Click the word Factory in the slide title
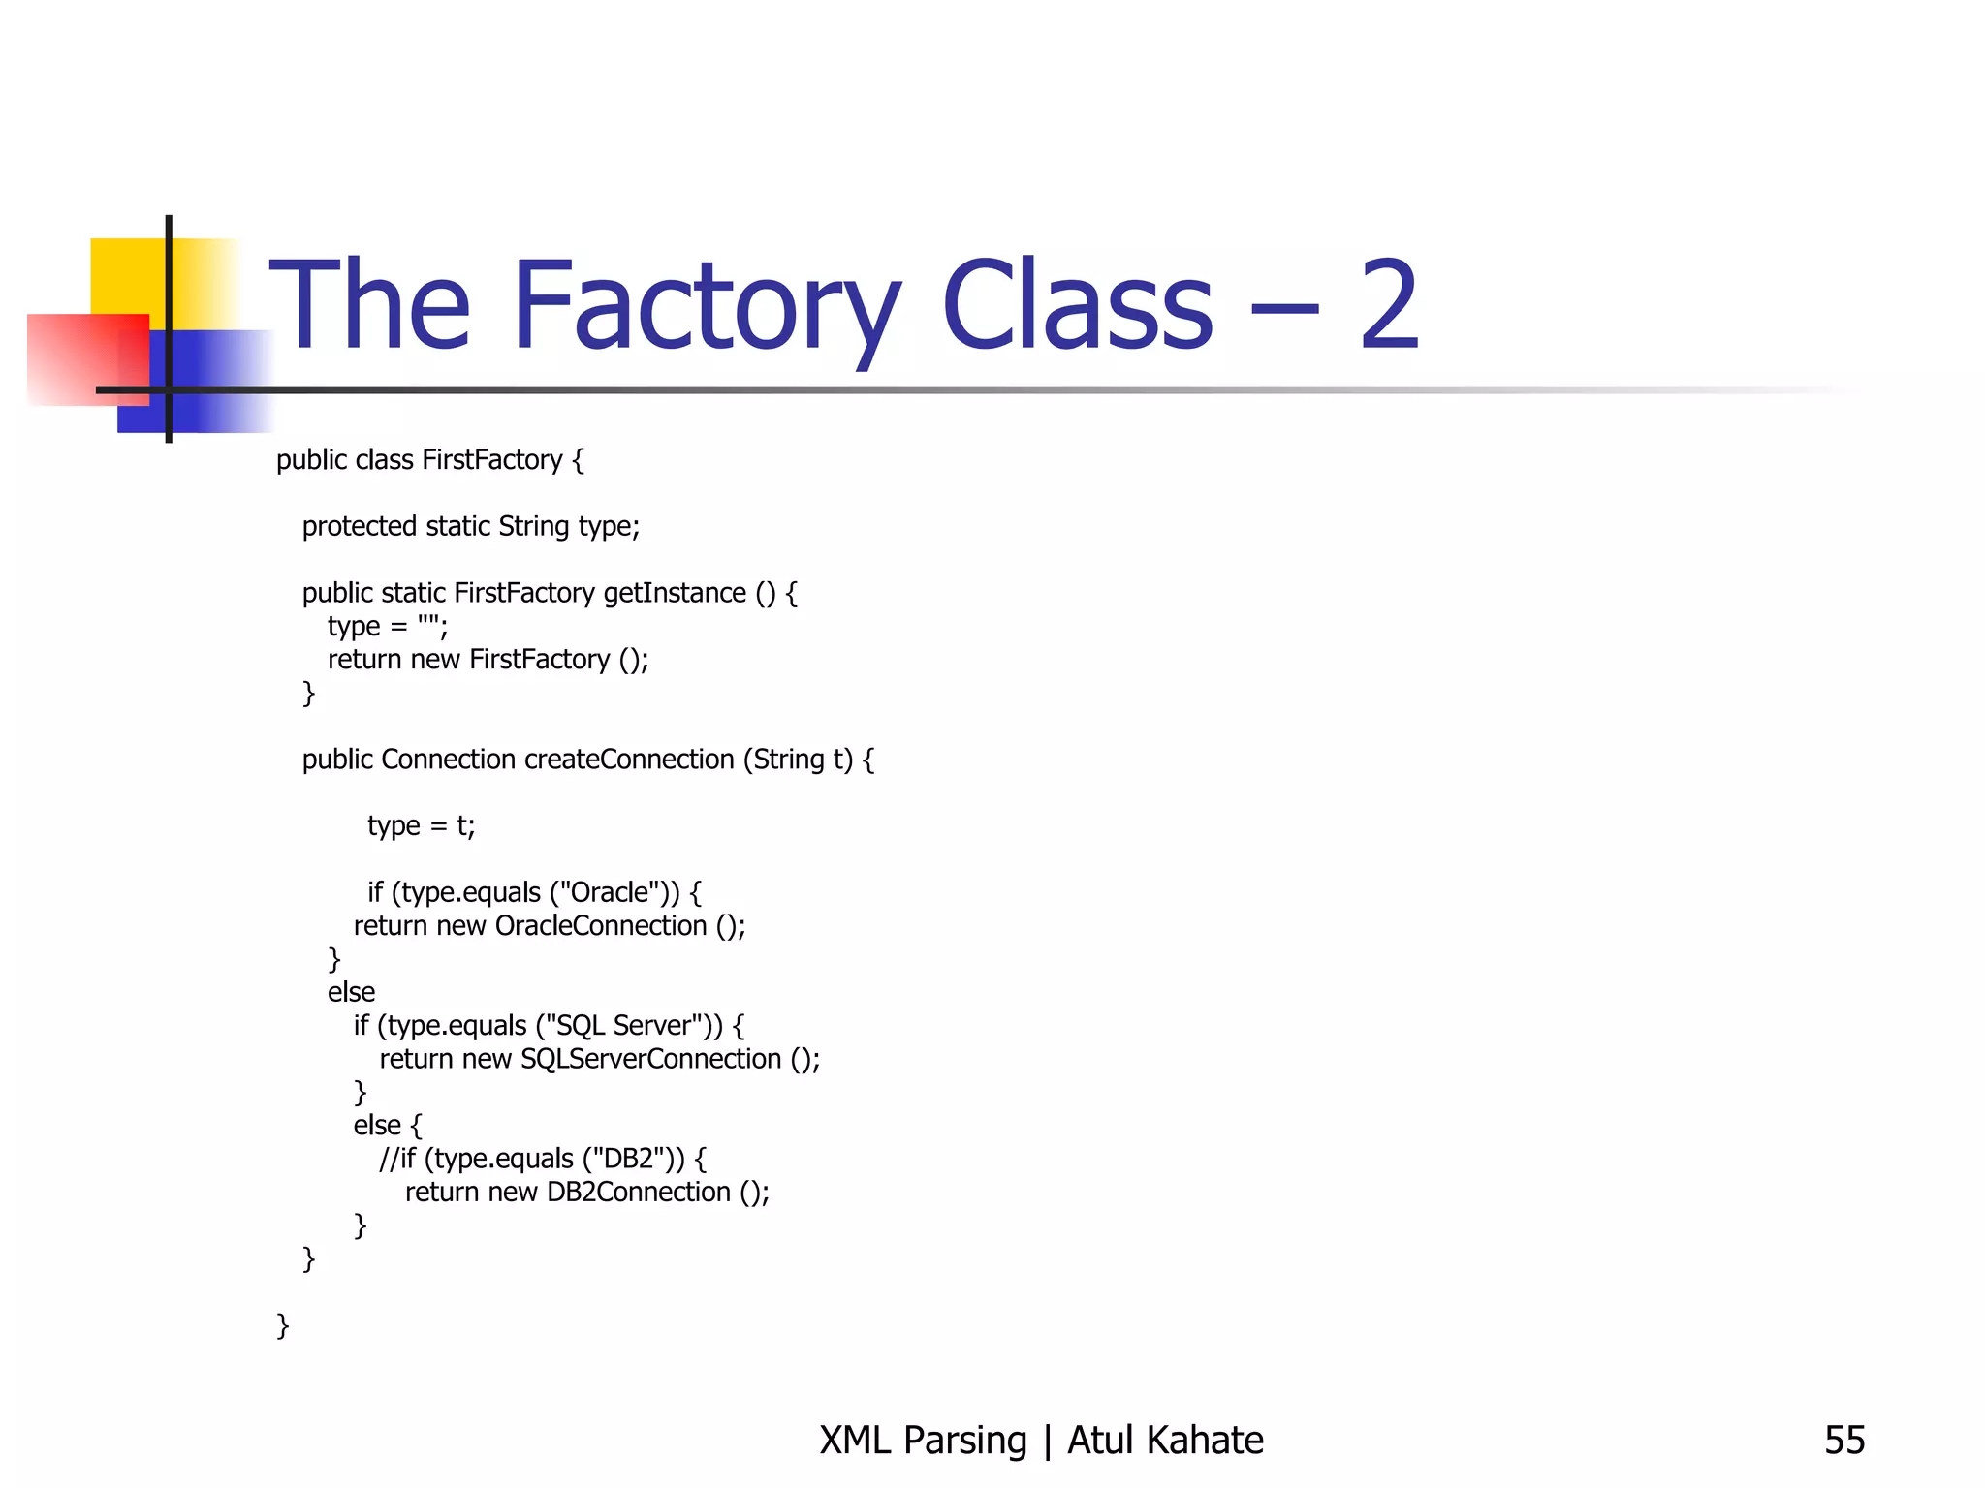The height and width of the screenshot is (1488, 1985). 706,308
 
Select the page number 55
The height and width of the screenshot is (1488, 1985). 1843,1441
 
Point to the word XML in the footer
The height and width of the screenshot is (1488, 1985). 855,1441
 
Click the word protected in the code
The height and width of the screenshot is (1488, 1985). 359,526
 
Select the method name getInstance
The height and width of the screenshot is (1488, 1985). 675,592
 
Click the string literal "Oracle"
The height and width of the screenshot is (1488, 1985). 609,891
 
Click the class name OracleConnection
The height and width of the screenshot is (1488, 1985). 601,925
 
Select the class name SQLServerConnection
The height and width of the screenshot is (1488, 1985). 651,1058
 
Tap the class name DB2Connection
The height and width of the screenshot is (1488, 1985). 639,1192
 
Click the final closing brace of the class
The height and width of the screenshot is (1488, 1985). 283,1324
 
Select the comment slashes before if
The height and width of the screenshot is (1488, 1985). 389,1158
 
